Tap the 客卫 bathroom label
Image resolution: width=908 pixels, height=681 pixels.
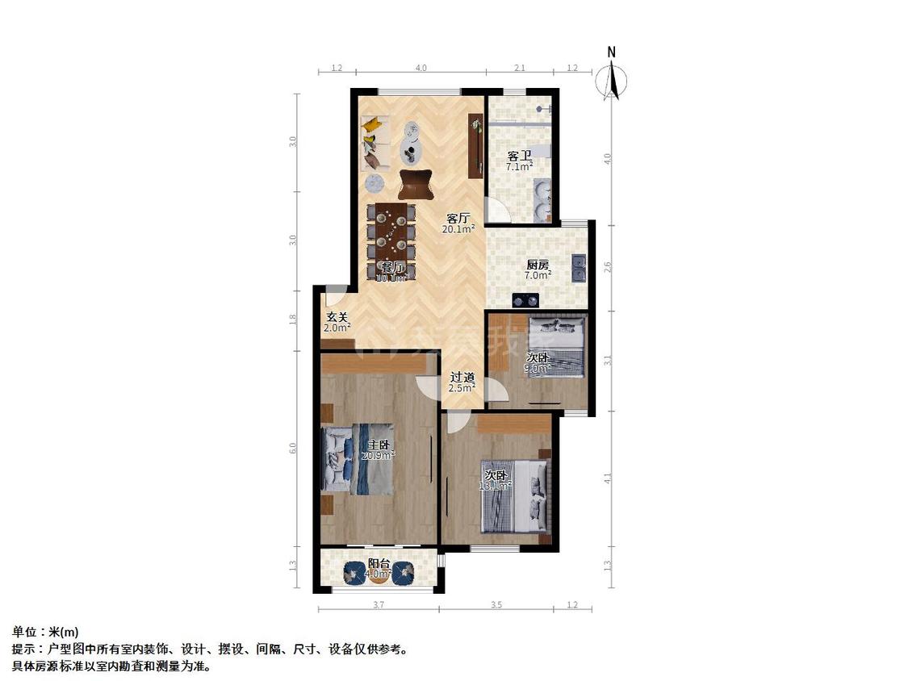point(519,157)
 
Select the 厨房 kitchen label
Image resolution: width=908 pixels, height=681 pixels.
point(538,265)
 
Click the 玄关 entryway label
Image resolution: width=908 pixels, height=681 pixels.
point(337,317)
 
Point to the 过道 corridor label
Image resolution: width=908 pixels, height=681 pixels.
point(462,377)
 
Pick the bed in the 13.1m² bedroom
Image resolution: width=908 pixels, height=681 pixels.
point(514,495)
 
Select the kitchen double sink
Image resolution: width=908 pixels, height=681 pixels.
point(579,267)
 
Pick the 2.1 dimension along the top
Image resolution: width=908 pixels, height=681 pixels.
point(520,69)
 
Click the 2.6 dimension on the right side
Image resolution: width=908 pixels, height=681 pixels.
point(608,265)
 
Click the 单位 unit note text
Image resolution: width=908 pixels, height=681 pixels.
point(45,632)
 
